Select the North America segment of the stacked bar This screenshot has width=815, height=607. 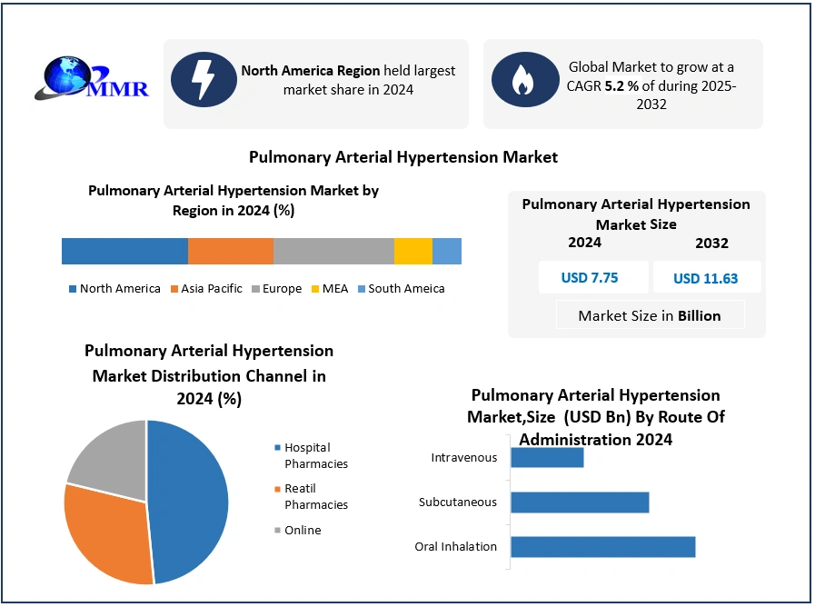tap(124, 251)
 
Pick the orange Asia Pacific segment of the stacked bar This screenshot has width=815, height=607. tap(230, 251)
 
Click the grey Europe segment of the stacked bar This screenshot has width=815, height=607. tap(333, 251)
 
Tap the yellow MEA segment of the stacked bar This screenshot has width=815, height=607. tap(412, 251)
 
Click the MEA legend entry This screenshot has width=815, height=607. tap(329, 289)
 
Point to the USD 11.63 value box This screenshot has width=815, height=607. tap(706, 278)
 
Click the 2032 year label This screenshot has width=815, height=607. tap(711, 244)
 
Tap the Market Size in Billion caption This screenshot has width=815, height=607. tap(650, 315)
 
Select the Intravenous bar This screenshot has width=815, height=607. tap(547, 457)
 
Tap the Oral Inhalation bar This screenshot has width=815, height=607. tap(602, 546)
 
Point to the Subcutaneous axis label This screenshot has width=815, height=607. tap(458, 502)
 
